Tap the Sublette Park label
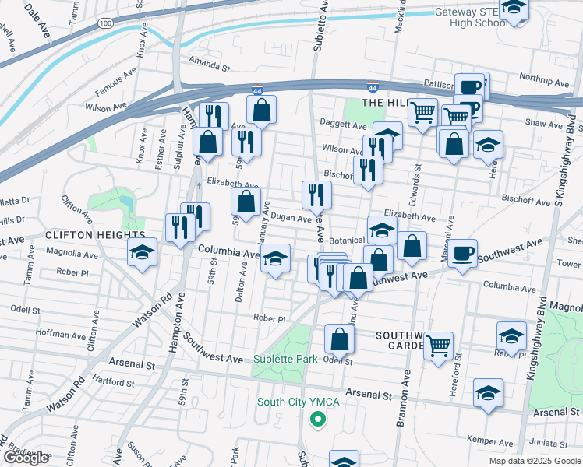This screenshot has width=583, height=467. [x=285, y=359]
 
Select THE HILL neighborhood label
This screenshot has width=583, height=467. [x=383, y=103]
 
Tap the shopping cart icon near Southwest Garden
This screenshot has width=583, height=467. [x=439, y=343]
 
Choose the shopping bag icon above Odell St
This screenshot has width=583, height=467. [x=340, y=338]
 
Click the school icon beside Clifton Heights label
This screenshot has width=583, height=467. [x=143, y=251]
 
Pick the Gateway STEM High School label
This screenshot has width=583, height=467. [x=465, y=18]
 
